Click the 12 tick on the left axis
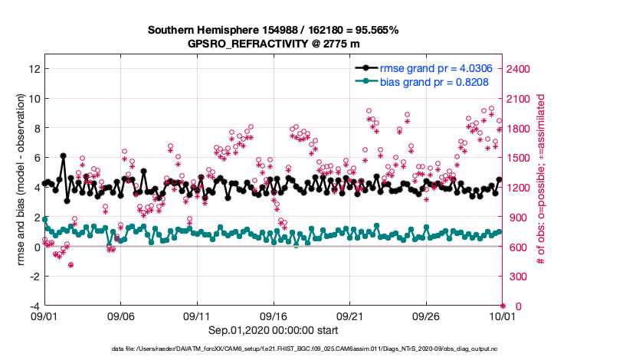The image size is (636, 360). click(33, 69)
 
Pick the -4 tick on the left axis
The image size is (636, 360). click(33, 306)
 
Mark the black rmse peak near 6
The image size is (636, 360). click(63, 156)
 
